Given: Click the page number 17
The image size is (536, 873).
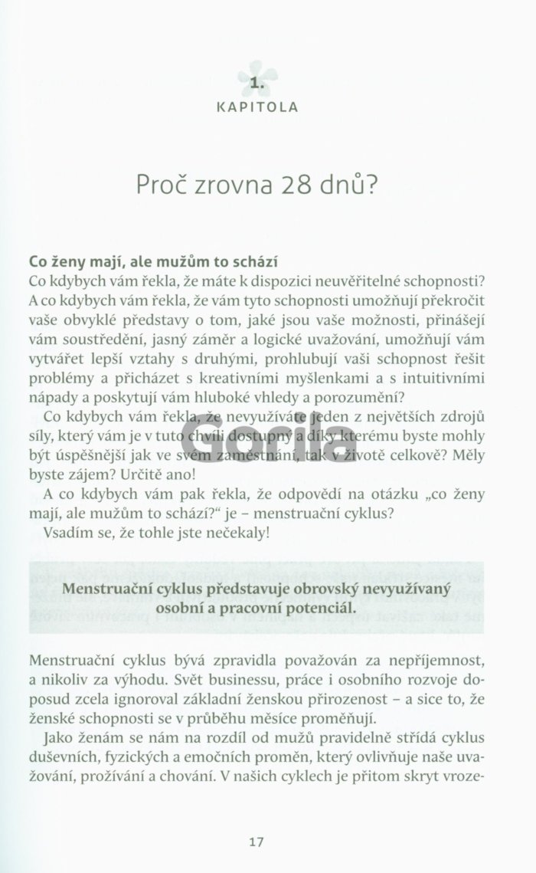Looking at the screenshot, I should point(257,820).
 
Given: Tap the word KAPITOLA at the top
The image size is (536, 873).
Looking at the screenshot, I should point(257,107).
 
